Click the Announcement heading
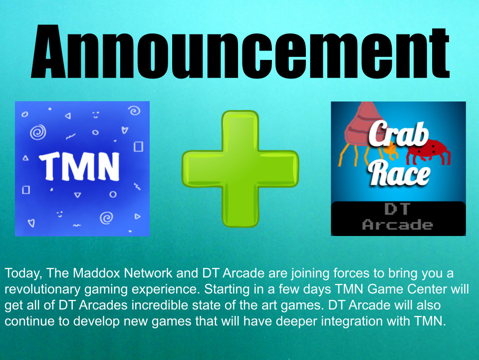pyautogui.click(x=240, y=51)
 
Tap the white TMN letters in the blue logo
pyautogui.click(x=79, y=166)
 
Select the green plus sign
pyautogui.click(x=240, y=168)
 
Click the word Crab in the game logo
pyautogui.click(x=398, y=134)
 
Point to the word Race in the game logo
pyautogui.click(x=400, y=173)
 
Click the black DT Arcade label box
pyautogui.click(x=398, y=218)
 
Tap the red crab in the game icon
pyautogui.click(x=428, y=151)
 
